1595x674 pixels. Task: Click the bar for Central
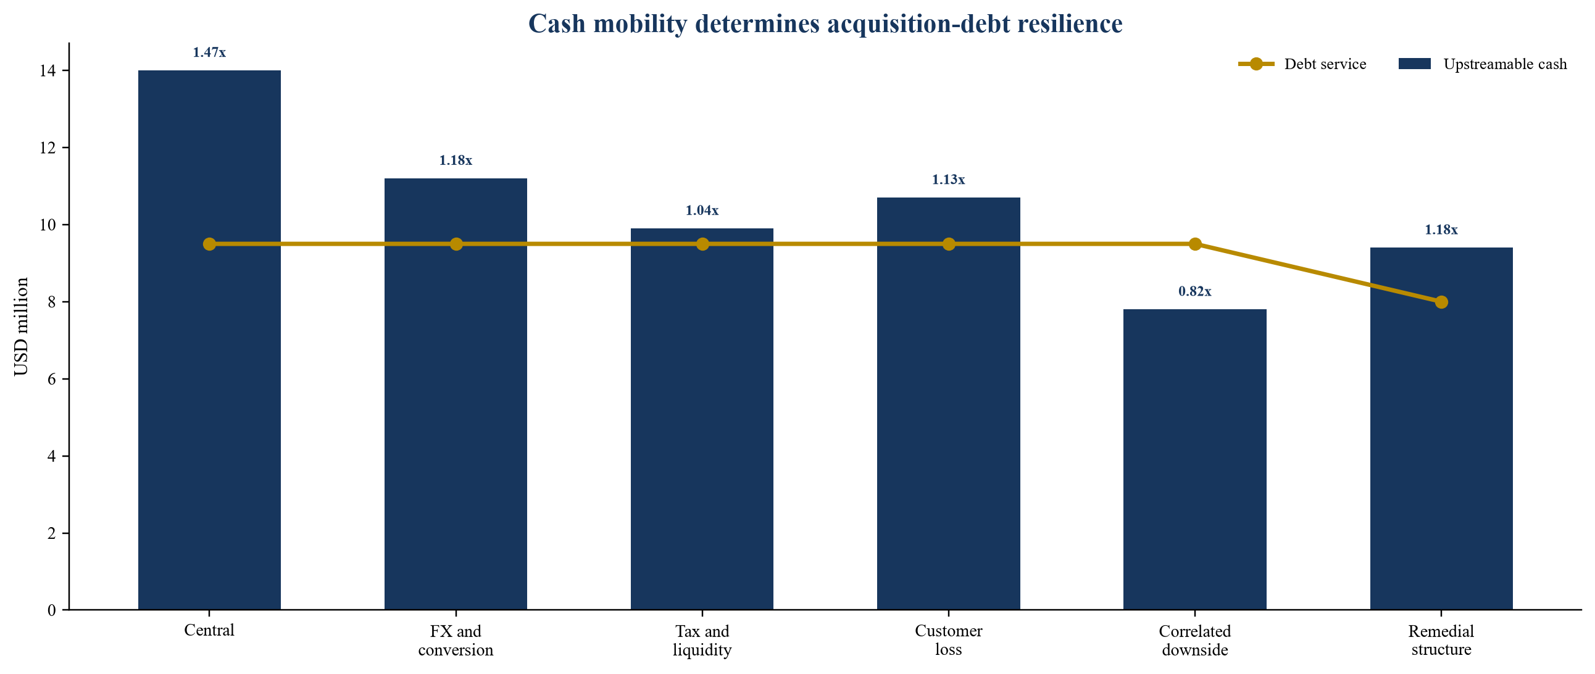(209, 340)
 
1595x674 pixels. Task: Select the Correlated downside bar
(1194, 459)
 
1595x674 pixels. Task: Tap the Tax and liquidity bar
(702, 419)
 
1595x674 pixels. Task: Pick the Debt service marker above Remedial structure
(1441, 302)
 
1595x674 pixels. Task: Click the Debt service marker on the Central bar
(209, 244)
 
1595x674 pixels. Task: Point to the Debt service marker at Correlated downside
(1195, 244)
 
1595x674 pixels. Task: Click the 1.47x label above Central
(209, 52)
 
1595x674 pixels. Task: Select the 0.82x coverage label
(1195, 291)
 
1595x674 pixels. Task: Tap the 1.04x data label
(702, 210)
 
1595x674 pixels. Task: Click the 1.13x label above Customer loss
(949, 180)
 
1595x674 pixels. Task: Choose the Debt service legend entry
(1302, 64)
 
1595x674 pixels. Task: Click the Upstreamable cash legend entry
(1483, 64)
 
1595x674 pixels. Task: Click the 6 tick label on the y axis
(51, 379)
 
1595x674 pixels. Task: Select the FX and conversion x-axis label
(456, 641)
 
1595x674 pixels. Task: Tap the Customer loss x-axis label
(949, 640)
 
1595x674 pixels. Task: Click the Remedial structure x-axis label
(1441, 640)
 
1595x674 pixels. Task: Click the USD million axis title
(21, 326)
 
